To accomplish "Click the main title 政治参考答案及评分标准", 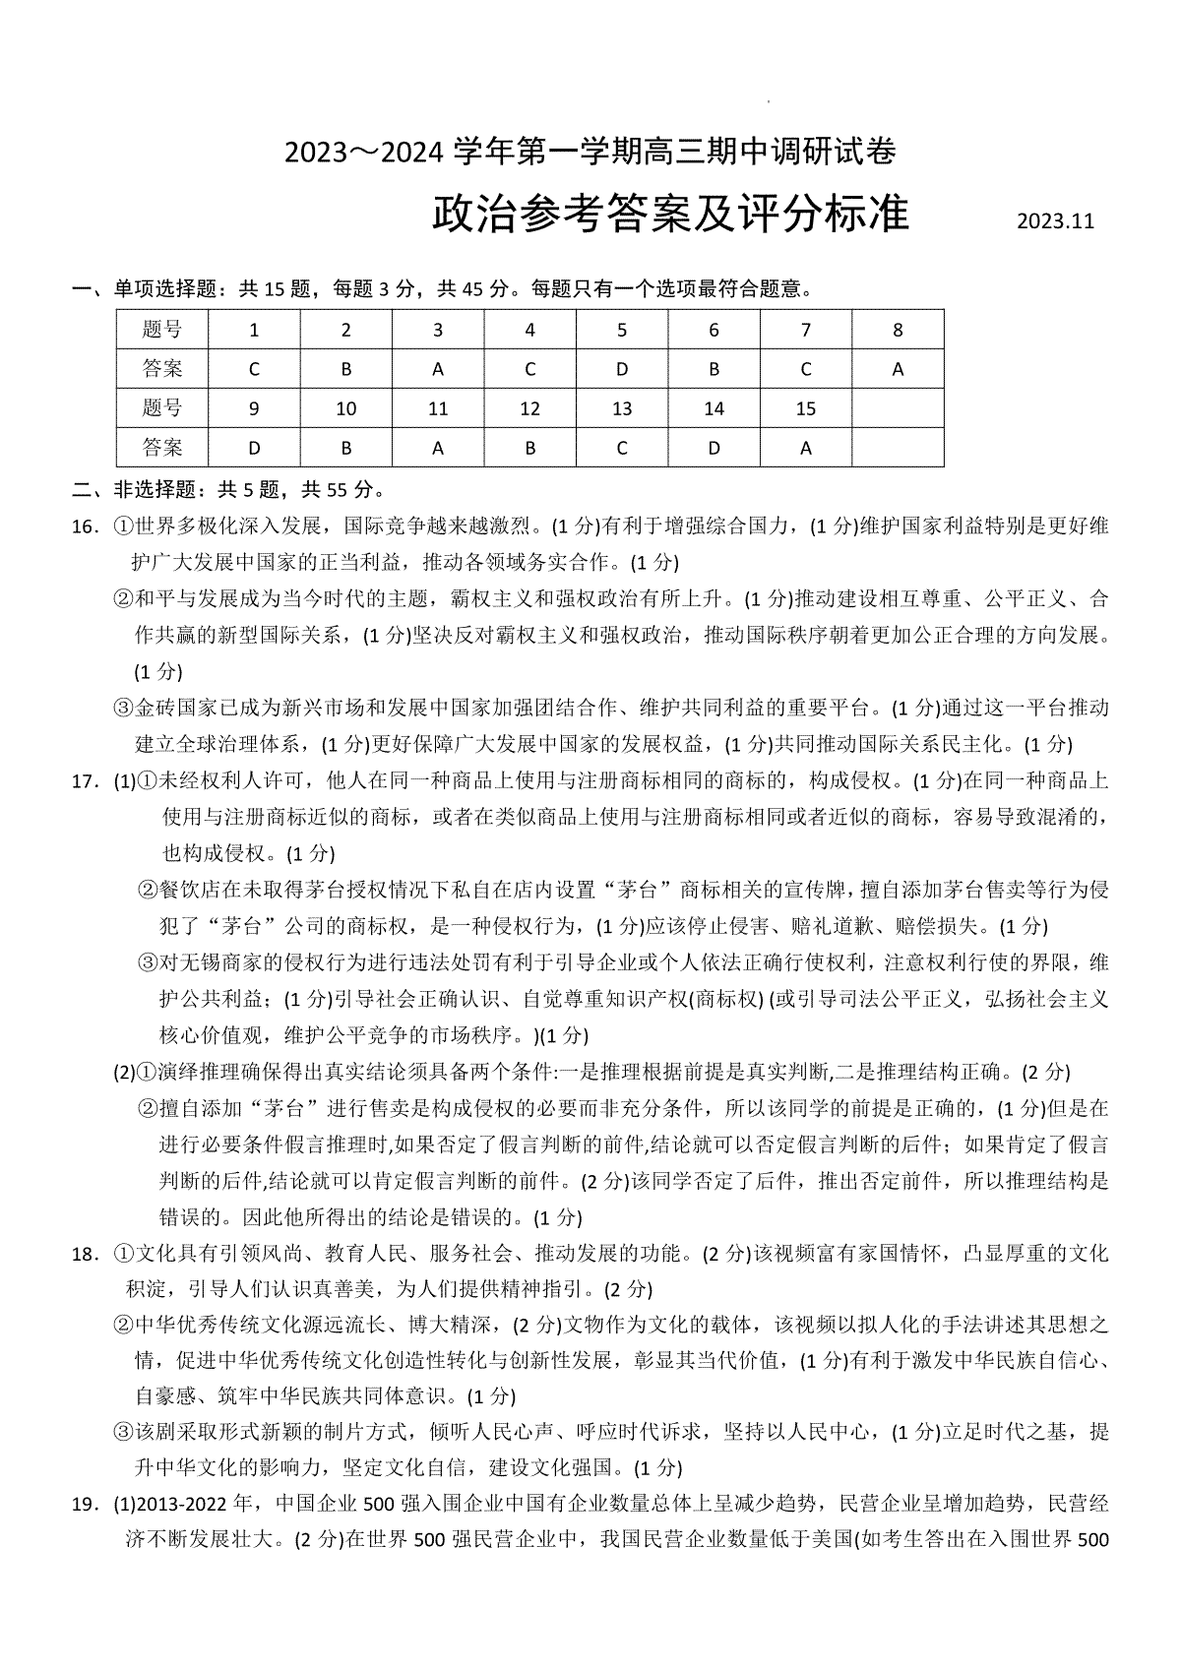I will tap(670, 214).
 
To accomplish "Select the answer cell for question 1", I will tap(254, 369).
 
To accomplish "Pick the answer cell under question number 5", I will tap(621, 369).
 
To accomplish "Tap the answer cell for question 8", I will tap(897, 369).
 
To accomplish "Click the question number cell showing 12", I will tap(529, 408).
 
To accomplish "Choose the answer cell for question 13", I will tap(621, 448).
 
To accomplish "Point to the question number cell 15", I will tap(805, 408).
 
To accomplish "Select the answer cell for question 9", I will tap(254, 448).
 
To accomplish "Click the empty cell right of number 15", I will tap(897, 408).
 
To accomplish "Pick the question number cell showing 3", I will tap(438, 330).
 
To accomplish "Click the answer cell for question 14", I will tap(714, 448).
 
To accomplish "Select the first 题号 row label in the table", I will tap(162, 330).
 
